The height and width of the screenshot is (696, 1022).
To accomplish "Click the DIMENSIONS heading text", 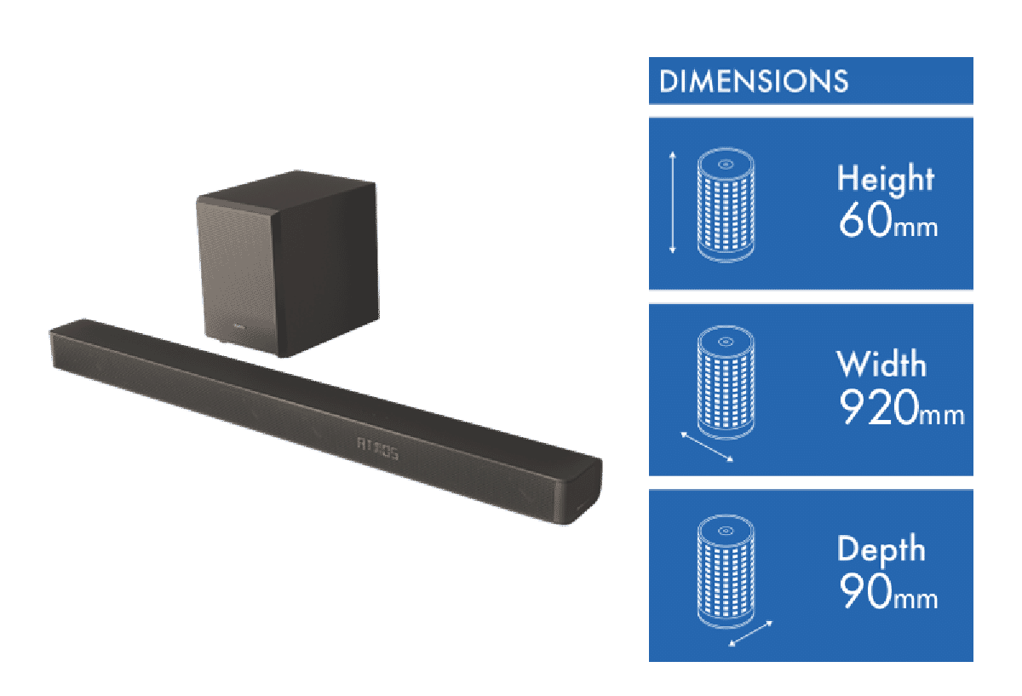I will (754, 82).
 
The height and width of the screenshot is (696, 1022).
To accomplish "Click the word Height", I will (886, 179).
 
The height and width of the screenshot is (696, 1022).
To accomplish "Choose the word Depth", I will (881, 549).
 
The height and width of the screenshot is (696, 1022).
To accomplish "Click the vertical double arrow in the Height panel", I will (673, 202).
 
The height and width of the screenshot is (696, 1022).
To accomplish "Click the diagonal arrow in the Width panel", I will (707, 446).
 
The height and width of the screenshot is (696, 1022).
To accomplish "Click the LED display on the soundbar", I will (374, 445).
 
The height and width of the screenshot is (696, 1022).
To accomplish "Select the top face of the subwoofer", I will (285, 191).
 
